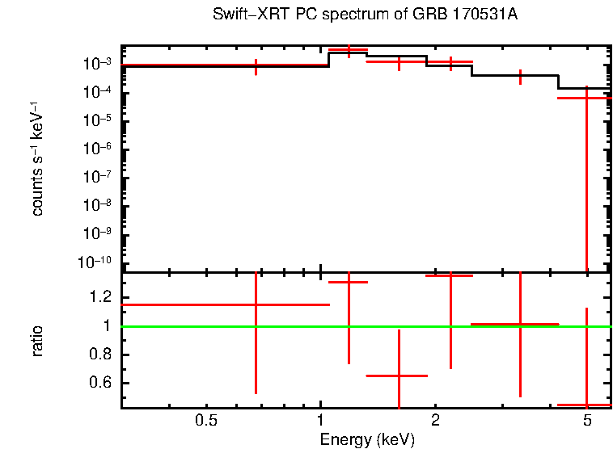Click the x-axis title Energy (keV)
click(x=367, y=439)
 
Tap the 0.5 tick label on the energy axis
click(x=207, y=420)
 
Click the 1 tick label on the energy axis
click(x=321, y=420)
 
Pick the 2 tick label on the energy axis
click(x=435, y=420)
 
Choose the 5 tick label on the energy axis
click(x=586, y=420)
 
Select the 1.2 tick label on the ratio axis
click(x=101, y=297)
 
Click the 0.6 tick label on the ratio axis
click(x=101, y=383)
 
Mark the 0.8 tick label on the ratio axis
click(x=101, y=355)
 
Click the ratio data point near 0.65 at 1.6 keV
click(x=399, y=376)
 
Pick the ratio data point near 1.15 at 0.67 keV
click(x=256, y=304)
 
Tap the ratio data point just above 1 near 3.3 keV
click(x=520, y=324)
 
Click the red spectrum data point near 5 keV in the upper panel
click(x=586, y=98)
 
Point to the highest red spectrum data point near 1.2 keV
click(x=349, y=50)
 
